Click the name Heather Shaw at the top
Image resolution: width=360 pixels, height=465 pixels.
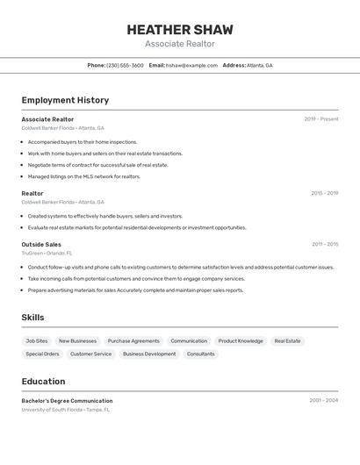(x=179, y=29)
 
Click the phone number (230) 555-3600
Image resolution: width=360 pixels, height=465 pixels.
(x=125, y=65)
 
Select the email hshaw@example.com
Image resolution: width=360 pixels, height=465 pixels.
(x=191, y=65)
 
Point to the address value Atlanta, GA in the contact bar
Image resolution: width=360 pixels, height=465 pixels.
(x=260, y=65)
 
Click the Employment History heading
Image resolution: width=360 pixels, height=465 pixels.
(x=65, y=100)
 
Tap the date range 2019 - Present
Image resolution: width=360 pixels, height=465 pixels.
(x=320, y=118)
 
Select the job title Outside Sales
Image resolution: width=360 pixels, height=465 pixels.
(x=41, y=244)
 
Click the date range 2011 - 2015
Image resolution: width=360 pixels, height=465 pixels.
(x=324, y=244)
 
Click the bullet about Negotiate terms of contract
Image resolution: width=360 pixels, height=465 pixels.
(x=97, y=165)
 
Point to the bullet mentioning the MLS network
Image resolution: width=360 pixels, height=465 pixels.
(x=83, y=176)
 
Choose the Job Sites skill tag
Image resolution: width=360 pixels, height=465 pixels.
(x=37, y=340)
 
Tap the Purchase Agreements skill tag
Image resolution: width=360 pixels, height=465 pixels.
(x=133, y=340)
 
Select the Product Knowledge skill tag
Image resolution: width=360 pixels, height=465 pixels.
(x=241, y=340)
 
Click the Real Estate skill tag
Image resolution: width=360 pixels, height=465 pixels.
(x=287, y=340)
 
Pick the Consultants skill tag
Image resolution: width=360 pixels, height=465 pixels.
(x=200, y=354)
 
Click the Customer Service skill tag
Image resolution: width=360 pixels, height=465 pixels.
(x=90, y=354)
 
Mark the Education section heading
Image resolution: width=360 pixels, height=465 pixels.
(x=43, y=382)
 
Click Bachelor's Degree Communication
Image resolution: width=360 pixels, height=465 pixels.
(x=67, y=401)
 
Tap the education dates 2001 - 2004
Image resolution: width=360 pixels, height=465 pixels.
(x=323, y=400)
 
